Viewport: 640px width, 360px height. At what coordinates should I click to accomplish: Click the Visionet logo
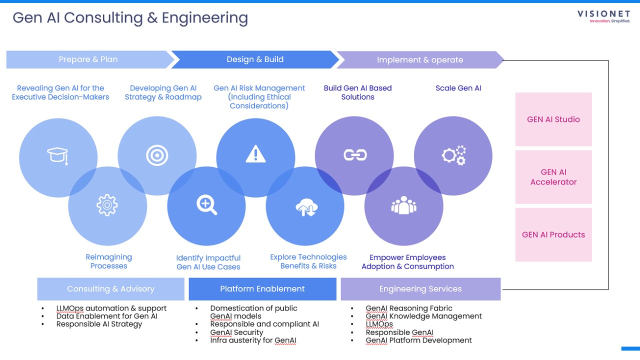[603, 16]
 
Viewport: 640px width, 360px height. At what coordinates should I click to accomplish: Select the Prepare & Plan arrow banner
[88, 59]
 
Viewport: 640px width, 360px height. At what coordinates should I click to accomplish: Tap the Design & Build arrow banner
[255, 59]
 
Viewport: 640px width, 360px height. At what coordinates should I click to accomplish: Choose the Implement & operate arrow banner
[419, 60]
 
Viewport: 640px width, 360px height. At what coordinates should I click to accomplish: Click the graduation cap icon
[57, 155]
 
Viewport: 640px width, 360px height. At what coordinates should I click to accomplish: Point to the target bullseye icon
[156, 155]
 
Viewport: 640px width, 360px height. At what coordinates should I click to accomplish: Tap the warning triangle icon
[255, 154]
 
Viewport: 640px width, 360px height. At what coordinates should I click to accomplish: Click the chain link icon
[355, 155]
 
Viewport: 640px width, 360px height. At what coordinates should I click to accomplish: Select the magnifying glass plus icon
[206, 205]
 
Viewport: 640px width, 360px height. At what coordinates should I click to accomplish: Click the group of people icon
[403, 205]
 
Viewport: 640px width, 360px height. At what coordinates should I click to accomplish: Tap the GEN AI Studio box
[553, 119]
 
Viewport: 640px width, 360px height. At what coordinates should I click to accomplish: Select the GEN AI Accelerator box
[553, 177]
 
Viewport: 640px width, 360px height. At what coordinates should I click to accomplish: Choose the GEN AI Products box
[553, 234]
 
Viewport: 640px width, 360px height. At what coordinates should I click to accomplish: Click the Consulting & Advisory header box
[110, 289]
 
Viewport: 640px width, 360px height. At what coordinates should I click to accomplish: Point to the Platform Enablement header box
[262, 289]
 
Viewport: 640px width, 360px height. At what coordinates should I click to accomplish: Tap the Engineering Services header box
[420, 289]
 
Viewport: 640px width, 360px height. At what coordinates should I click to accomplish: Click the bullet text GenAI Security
[236, 332]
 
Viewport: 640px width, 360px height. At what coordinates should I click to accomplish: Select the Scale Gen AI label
[458, 88]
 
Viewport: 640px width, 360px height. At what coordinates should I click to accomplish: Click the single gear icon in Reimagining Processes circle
[107, 205]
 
